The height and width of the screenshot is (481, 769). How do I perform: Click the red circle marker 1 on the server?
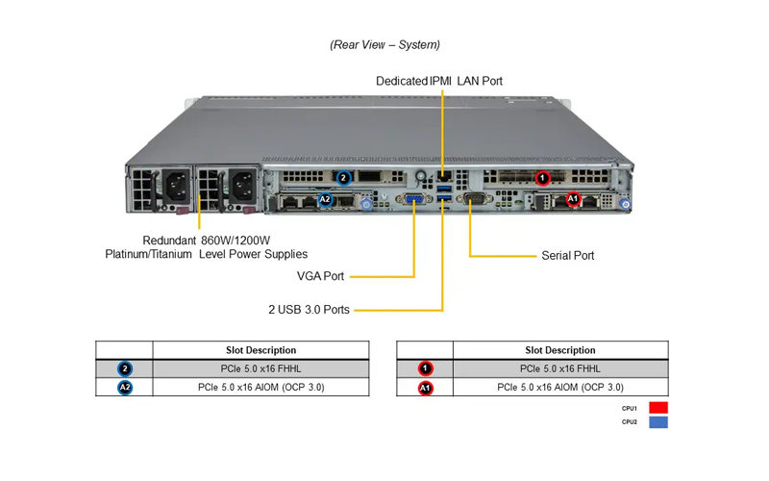pyautogui.click(x=542, y=178)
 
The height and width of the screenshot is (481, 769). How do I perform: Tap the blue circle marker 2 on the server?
pyautogui.click(x=344, y=178)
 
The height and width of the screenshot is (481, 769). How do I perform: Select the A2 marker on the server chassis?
pyautogui.click(x=325, y=199)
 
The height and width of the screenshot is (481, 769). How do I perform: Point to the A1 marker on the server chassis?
pyautogui.click(x=573, y=199)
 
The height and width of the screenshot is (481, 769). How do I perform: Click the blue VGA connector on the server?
pyautogui.click(x=414, y=199)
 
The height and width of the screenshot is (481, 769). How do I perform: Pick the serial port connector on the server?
pyautogui.click(x=474, y=198)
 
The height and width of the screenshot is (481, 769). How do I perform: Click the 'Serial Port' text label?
pyautogui.click(x=567, y=256)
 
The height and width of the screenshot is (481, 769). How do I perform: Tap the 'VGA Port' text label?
pyautogui.click(x=320, y=276)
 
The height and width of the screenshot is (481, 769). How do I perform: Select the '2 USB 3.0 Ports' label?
pyautogui.click(x=309, y=310)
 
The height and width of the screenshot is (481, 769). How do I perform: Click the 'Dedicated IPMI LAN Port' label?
pyautogui.click(x=439, y=81)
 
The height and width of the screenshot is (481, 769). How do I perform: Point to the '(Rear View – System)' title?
pyautogui.click(x=385, y=44)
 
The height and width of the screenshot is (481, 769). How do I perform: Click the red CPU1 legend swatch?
pyautogui.click(x=658, y=408)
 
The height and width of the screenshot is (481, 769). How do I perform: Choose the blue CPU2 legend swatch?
pyautogui.click(x=658, y=422)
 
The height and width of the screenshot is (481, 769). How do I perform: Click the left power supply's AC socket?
pyautogui.click(x=176, y=186)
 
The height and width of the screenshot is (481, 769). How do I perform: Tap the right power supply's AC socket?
pyautogui.click(x=243, y=186)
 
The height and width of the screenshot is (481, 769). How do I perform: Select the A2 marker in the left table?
pyautogui.click(x=125, y=388)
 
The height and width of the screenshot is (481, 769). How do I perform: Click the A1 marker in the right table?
pyautogui.click(x=425, y=389)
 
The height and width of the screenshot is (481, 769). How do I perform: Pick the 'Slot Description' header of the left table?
pyautogui.click(x=260, y=350)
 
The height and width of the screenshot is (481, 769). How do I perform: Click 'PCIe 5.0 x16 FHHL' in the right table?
pyautogui.click(x=560, y=368)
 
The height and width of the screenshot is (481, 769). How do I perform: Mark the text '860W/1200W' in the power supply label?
pyautogui.click(x=236, y=240)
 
